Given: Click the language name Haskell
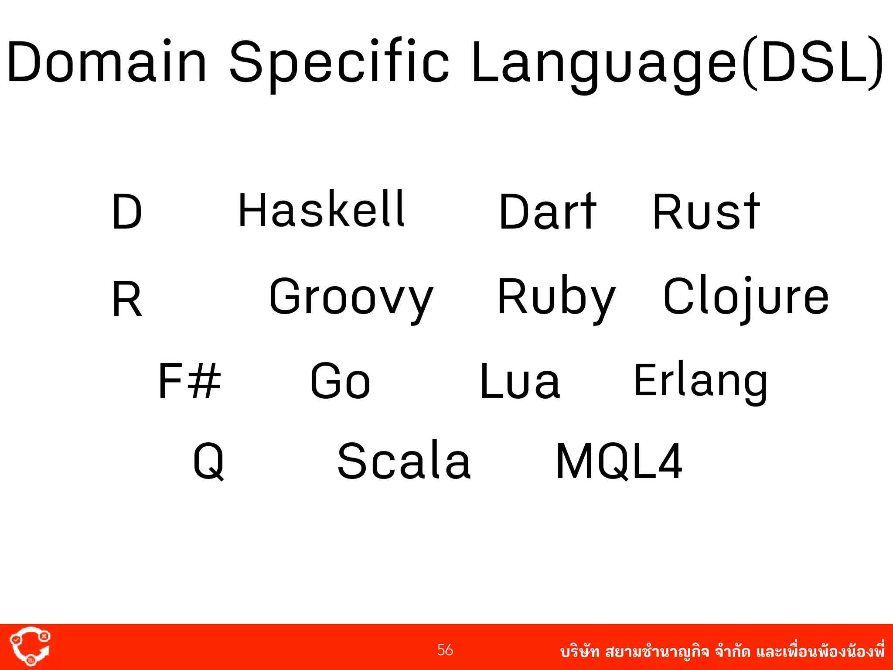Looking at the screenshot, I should pyautogui.click(x=322, y=210).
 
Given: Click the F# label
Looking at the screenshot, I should pyautogui.click(x=189, y=381).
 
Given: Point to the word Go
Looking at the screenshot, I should pyautogui.click(x=340, y=381).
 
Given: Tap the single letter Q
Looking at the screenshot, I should pyautogui.click(x=208, y=461).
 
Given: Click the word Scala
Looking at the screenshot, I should pyautogui.click(x=404, y=461).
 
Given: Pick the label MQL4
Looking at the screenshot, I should pyautogui.click(x=619, y=461).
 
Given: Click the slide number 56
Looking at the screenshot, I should pyautogui.click(x=445, y=650).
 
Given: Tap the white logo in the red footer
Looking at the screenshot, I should pyautogui.click(x=30, y=646).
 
